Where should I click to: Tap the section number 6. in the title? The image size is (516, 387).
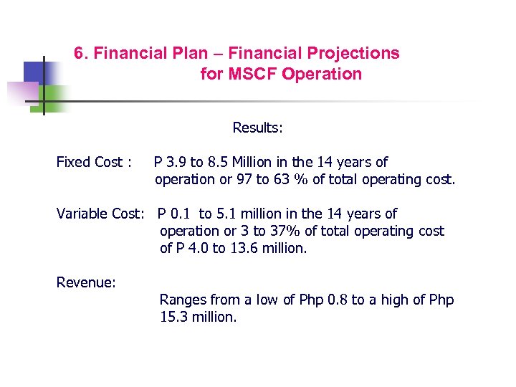pyautogui.click(x=82, y=54)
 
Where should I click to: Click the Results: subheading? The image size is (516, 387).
pyautogui.click(x=258, y=128)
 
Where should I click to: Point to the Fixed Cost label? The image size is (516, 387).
pyautogui.click(x=90, y=163)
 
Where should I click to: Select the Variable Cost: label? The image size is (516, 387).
pyautogui.click(x=101, y=214)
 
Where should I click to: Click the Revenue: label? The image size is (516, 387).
pyautogui.click(x=86, y=283)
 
